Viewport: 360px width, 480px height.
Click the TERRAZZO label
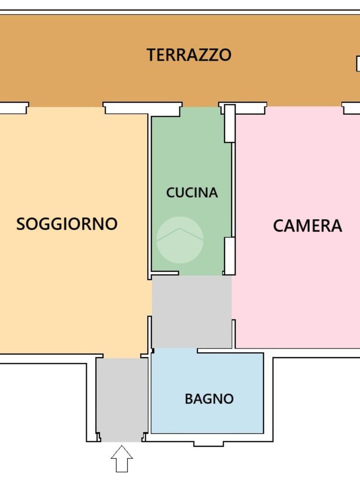189,55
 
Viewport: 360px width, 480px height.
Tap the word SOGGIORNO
67,224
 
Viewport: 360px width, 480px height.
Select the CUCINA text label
192,193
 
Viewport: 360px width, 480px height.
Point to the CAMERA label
307,226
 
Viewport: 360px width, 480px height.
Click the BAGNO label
209,399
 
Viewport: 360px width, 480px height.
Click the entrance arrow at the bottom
122,458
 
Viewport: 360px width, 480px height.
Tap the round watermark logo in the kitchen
180,240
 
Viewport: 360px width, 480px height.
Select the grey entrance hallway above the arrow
122,400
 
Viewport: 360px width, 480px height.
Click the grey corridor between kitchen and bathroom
192,312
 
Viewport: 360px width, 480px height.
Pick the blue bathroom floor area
208,393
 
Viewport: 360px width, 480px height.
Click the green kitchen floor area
191,191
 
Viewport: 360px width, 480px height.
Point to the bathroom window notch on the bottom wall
209,443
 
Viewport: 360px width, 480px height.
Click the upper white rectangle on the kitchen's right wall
230,123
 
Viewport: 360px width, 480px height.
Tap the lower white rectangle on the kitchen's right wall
230,255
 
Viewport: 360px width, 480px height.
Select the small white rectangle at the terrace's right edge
358,64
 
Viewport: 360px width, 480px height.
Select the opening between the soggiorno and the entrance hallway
122,357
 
